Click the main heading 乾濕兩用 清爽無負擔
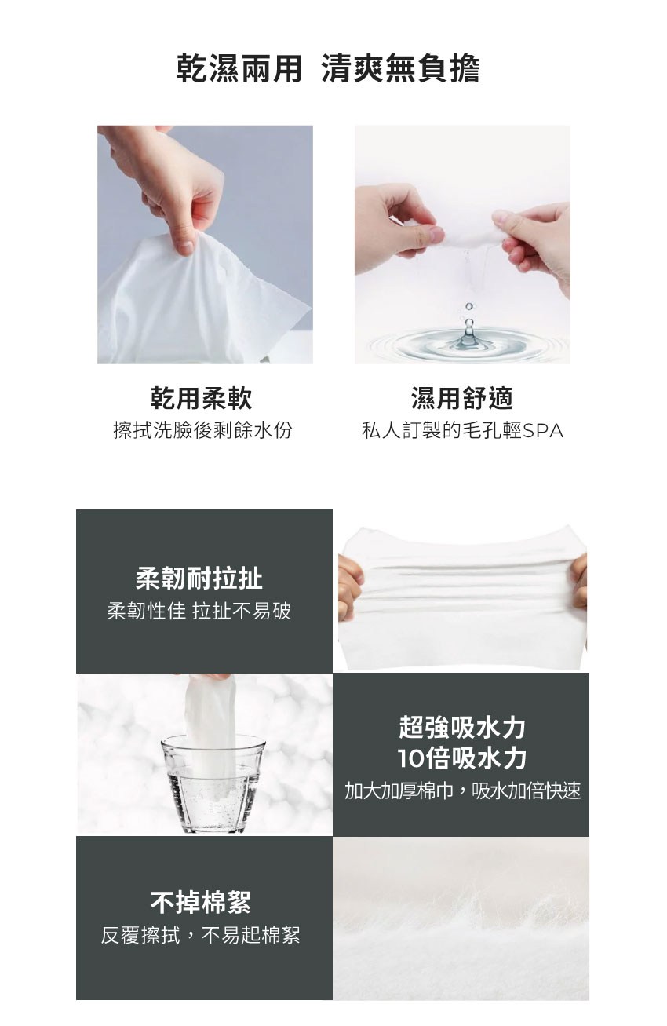328,69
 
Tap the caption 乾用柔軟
202,397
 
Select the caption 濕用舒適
461,397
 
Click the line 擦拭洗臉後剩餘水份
202,430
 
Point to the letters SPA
543,430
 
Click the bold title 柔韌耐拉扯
199,578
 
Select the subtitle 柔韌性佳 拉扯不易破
199,611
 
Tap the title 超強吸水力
462,727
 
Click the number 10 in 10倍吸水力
411,758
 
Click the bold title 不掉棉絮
201,902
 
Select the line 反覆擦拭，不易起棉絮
201,935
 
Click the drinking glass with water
213,784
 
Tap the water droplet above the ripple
468,306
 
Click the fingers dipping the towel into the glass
202,677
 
